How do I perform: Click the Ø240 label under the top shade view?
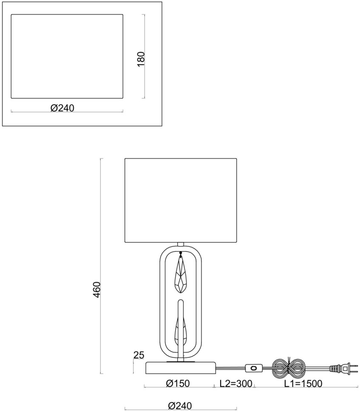(x=62, y=108)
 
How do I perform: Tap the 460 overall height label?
(x=97, y=289)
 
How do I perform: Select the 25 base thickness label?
(x=139, y=355)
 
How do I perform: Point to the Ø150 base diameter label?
(x=178, y=384)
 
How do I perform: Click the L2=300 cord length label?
(x=236, y=384)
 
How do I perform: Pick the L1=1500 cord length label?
(x=303, y=384)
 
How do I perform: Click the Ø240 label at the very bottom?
(x=180, y=406)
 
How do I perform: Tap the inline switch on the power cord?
(x=254, y=367)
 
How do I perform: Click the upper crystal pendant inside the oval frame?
(x=181, y=276)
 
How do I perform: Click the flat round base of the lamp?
(x=181, y=368)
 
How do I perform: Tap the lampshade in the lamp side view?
(x=181, y=200)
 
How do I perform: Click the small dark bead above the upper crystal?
(x=181, y=253)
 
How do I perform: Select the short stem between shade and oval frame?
(x=181, y=244)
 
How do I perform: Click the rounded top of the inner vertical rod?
(x=181, y=302)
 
